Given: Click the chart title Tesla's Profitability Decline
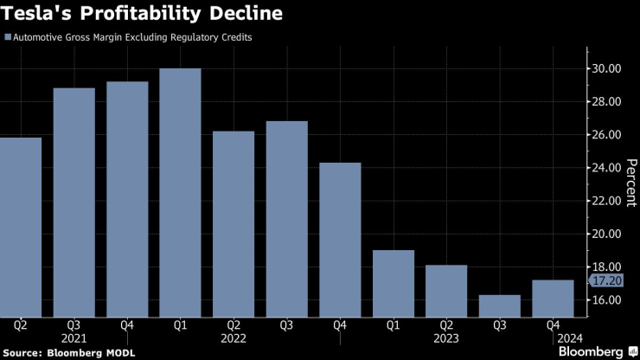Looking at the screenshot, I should (x=143, y=15).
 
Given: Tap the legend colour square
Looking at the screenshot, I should (x=8, y=38).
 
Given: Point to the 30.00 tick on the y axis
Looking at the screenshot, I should (x=605, y=69).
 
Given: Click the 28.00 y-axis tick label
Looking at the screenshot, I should (x=605, y=102).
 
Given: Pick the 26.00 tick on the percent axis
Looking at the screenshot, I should (x=605, y=135).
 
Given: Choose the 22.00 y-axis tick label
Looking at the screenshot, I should (x=605, y=201).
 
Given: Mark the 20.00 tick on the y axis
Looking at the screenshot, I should (x=605, y=234).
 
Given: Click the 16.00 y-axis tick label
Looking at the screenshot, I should (x=605, y=300).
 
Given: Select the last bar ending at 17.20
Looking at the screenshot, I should (x=552, y=298).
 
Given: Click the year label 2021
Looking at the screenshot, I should (x=74, y=338).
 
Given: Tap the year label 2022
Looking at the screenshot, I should (x=234, y=338).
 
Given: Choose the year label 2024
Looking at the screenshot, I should (x=553, y=338).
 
